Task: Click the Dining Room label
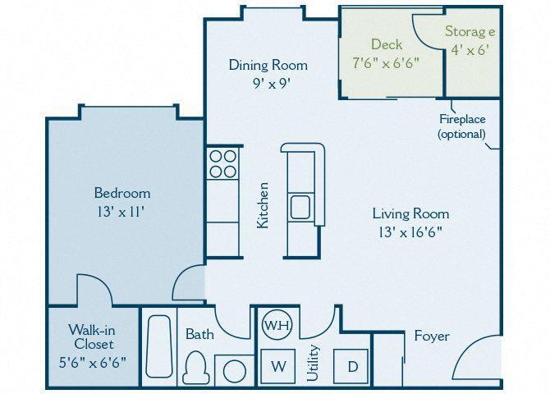click(268, 65)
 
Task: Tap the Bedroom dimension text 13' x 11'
click(121, 211)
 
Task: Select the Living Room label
click(410, 213)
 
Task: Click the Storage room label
click(470, 32)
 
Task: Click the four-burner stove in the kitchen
click(222, 163)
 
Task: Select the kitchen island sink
click(300, 206)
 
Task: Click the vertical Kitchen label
click(263, 205)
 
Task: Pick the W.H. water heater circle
click(277, 325)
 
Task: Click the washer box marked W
click(278, 366)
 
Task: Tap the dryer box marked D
click(352, 366)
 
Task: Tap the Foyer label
click(431, 336)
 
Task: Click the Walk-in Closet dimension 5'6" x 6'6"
click(91, 362)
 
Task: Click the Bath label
click(199, 334)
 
